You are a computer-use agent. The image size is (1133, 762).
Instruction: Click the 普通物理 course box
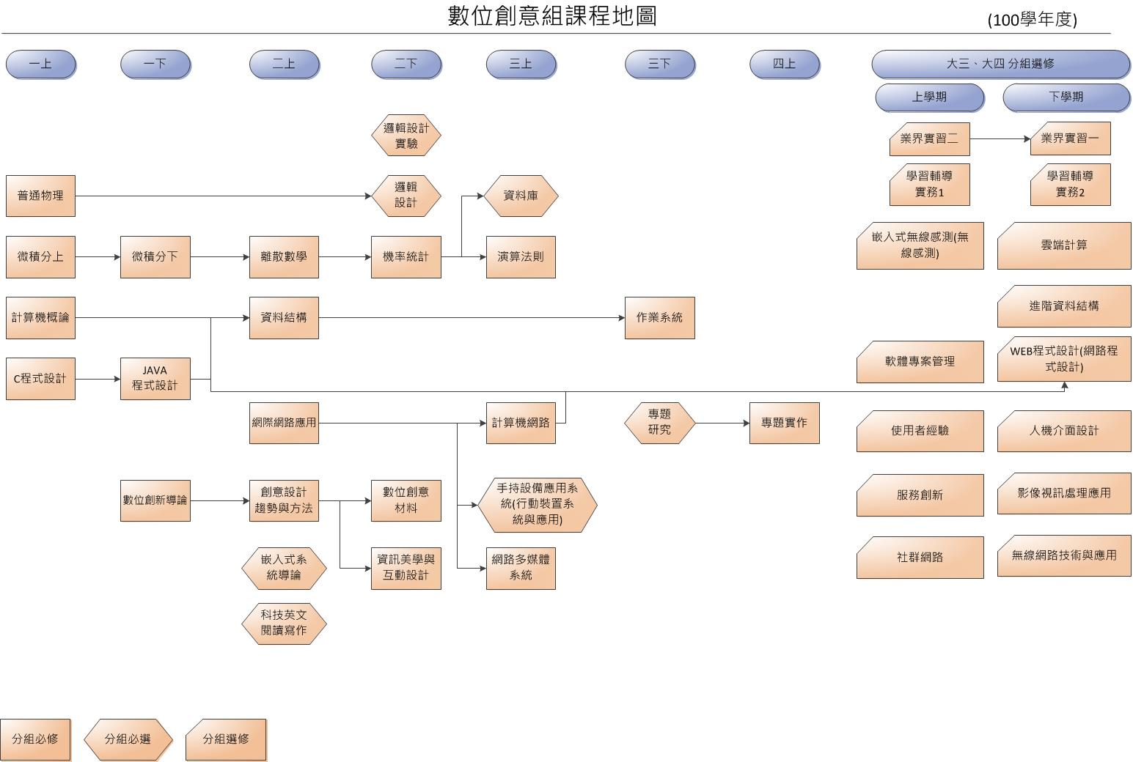(x=40, y=196)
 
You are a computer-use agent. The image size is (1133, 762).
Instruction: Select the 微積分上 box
(x=40, y=256)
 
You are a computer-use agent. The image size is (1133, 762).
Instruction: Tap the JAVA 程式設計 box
(x=155, y=378)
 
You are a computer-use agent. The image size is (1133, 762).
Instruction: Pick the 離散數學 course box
(x=284, y=256)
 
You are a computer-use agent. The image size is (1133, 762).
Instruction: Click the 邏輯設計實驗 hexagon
(x=406, y=136)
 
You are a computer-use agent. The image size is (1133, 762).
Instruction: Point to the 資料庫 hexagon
(x=521, y=196)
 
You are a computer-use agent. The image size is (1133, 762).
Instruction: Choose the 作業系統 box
(x=659, y=317)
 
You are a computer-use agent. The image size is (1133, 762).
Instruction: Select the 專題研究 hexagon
(x=659, y=423)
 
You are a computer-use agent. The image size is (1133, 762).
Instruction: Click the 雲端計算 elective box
(x=1064, y=245)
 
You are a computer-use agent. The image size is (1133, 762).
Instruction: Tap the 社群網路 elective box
(x=920, y=557)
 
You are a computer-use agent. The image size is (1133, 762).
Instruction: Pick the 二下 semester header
(x=406, y=64)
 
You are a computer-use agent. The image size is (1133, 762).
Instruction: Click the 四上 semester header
(x=784, y=64)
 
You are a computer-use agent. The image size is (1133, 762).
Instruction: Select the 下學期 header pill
(x=1066, y=97)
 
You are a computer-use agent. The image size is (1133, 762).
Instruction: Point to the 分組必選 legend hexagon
(x=128, y=739)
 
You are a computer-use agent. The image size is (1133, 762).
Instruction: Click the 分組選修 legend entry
(x=226, y=739)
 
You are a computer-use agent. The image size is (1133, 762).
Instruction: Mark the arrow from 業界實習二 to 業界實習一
(x=1000, y=138)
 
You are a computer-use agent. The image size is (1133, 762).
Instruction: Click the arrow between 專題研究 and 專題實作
(x=722, y=423)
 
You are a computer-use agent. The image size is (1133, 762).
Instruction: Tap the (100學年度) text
(x=1032, y=21)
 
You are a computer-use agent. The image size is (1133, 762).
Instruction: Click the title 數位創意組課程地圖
(x=552, y=16)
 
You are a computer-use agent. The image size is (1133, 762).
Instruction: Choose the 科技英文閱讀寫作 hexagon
(x=284, y=623)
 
